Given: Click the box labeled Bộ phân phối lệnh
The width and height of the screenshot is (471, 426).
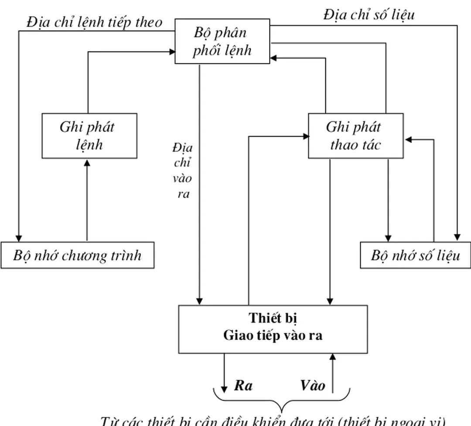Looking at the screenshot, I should point(222,41).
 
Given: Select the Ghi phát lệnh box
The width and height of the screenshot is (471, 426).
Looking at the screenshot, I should point(89,136).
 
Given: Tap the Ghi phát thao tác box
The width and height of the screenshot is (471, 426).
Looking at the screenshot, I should point(355,136).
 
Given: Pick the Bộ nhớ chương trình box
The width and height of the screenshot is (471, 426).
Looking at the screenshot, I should point(77,255).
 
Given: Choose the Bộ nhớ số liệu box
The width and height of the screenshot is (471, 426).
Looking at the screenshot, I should point(415,255).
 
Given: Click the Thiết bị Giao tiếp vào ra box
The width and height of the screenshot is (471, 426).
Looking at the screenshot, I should point(273,329).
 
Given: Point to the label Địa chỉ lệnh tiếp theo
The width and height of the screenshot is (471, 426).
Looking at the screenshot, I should point(94,22).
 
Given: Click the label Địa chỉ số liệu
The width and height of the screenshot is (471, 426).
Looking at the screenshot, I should point(369,15).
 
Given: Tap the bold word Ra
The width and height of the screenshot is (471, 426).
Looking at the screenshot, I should point(243,385).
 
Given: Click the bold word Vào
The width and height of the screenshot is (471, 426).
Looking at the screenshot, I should point(312,385).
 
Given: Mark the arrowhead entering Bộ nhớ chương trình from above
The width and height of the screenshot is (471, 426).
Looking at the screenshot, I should point(18,238).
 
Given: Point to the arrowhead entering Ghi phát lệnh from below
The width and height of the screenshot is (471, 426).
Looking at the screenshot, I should point(87,162).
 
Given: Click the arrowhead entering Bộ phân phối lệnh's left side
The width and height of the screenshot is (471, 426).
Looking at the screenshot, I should point(171,52).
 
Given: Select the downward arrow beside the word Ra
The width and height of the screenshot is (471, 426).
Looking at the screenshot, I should point(225,375).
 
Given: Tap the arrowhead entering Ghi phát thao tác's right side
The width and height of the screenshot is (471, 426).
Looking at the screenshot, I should point(408,140).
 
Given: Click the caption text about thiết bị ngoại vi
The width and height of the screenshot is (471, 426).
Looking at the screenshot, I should point(273,421).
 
